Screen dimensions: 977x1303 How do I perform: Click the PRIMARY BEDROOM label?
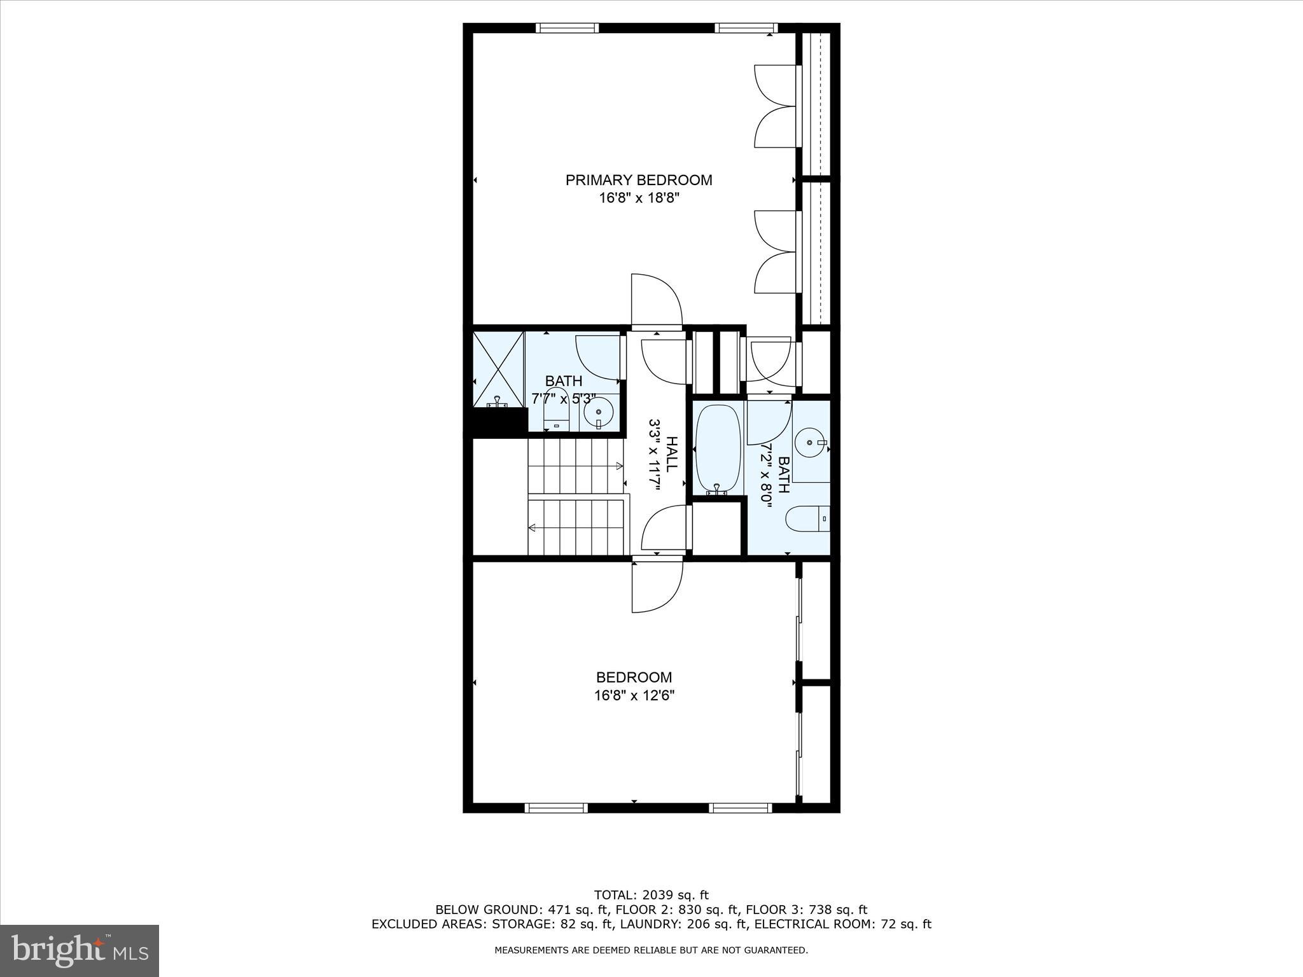pyautogui.click(x=639, y=180)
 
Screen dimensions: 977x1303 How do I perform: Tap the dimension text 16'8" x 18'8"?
pyautogui.click(x=639, y=198)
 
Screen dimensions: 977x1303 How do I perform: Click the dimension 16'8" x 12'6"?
pyautogui.click(x=634, y=696)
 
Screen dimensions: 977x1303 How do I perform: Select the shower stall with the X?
pyautogui.click(x=498, y=368)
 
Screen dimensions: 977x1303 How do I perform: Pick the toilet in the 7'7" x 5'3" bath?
pyautogui.click(x=557, y=418)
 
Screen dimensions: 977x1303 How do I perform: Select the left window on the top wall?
pyautogui.click(x=567, y=28)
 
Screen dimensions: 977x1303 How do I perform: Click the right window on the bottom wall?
pyautogui.click(x=741, y=808)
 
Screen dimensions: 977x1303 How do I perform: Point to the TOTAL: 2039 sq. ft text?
pyautogui.click(x=651, y=896)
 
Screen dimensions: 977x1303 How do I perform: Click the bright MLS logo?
pyautogui.click(x=80, y=951)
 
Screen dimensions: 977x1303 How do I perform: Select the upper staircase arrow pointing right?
pyautogui.click(x=620, y=466)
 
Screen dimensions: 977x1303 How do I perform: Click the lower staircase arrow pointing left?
pyautogui.click(x=532, y=527)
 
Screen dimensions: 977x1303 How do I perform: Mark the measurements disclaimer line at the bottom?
pyautogui.click(x=651, y=950)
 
